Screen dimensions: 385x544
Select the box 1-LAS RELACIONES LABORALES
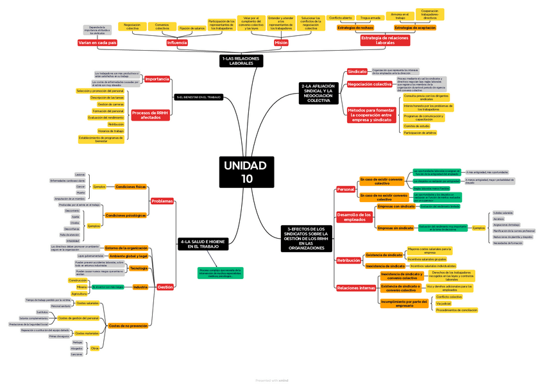[x=241, y=61]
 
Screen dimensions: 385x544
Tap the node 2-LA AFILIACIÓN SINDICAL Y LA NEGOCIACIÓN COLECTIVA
[x=318, y=93]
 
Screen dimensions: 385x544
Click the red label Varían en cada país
[x=98, y=43]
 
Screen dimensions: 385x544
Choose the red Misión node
[x=281, y=43]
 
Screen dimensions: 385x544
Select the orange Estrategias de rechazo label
[x=355, y=28]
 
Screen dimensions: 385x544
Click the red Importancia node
[x=157, y=79]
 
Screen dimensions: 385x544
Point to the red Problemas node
[x=162, y=201]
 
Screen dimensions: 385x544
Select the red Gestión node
[x=165, y=287]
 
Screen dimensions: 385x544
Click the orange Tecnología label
[x=139, y=268]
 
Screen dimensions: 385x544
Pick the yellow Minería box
[x=82, y=287]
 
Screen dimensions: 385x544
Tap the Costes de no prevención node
[x=128, y=326]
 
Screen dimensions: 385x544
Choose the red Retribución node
[x=349, y=261]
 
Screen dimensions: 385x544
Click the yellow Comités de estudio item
[x=417, y=126]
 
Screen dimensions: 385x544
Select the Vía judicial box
[x=443, y=304]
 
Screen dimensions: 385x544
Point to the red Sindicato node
[x=357, y=71]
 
